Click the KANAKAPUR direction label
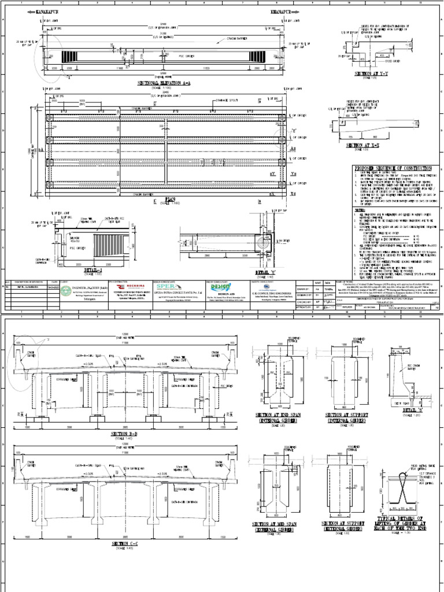tap(48, 12)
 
